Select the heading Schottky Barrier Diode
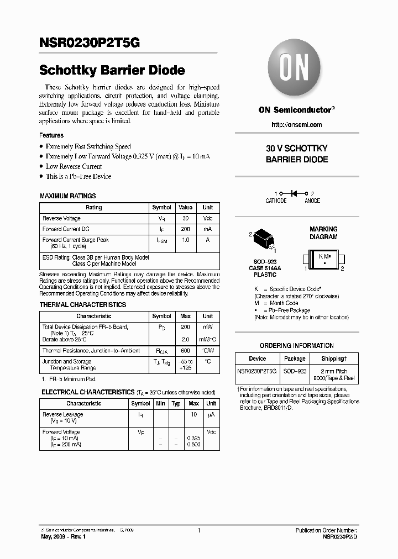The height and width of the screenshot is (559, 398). [x=112, y=71]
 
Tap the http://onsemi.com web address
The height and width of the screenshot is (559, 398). [x=297, y=125]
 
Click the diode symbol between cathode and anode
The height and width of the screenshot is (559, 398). [x=294, y=193]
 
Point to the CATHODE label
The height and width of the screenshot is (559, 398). [x=276, y=201]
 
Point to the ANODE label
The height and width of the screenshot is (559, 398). [x=312, y=201]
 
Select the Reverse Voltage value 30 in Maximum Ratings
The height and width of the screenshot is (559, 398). [x=185, y=218]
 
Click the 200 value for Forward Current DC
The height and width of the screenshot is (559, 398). [x=185, y=229]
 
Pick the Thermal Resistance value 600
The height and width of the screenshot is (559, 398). [x=185, y=351]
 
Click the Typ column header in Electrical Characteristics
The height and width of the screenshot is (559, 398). [x=176, y=403]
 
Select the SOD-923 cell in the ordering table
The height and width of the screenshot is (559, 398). [x=295, y=372]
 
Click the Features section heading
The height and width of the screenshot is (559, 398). [x=51, y=135]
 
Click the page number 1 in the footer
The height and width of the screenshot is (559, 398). [x=198, y=530]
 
